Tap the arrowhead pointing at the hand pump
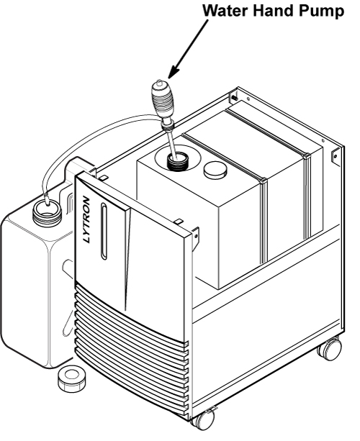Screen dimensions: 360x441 (x=173, y=72)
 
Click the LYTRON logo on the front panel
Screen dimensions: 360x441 (x=87, y=219)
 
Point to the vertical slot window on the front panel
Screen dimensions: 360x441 (x=104, y=231)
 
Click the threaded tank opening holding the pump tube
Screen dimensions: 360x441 (x=176, y=163)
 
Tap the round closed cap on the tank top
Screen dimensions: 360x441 (x=215, y=170)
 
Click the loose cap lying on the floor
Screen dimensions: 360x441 (x=71, y=378)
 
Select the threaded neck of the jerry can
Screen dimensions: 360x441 (x=47, y=212)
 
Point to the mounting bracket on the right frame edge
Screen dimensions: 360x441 (x=336, y=158)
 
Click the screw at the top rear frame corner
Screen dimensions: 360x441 (x=234, y=98)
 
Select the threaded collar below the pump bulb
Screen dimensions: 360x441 (x=168, y=127)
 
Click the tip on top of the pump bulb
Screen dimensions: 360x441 (x=159, y=82)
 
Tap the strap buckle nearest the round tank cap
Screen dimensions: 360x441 (x=263, y=181)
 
